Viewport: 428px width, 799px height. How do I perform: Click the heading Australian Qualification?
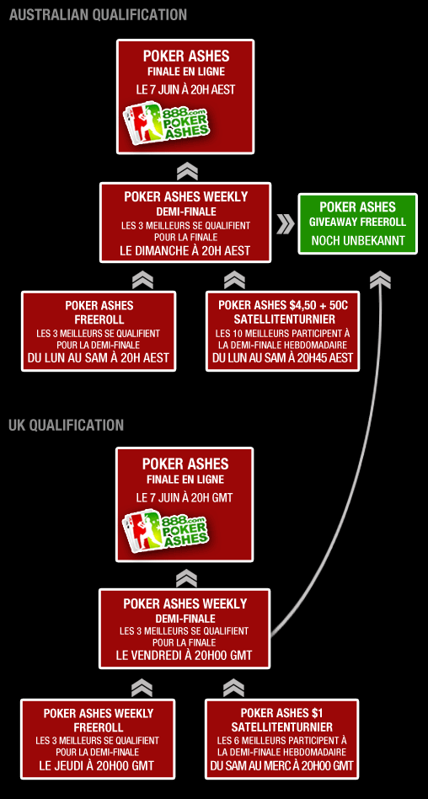coord(98,15)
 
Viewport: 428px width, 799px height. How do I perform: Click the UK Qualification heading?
coord(67,425)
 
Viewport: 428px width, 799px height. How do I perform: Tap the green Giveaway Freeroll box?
coord(357,223)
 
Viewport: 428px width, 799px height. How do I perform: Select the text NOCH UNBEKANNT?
coord(357,240)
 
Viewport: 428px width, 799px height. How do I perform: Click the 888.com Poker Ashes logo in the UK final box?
coord(166,531)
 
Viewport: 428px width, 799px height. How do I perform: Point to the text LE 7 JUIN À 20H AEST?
coord(185,89)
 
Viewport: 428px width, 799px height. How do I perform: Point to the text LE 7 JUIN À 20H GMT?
coord(185,497)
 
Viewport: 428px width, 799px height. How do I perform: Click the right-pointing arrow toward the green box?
coord(286,224)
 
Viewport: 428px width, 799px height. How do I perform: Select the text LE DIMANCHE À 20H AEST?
coord(185,250)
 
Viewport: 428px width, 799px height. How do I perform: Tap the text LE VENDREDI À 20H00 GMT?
coord(184,656)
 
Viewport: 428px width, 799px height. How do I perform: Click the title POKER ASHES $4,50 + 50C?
coord(283,305)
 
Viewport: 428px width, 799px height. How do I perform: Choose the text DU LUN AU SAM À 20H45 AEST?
coord(283,358)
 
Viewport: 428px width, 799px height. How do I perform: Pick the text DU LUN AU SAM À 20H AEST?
coord(99,358)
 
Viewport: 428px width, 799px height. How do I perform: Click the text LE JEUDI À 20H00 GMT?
coord(97,765)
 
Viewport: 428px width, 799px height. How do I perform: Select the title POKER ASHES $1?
coord(281,713)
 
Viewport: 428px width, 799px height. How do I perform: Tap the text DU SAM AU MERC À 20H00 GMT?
coord(281,765)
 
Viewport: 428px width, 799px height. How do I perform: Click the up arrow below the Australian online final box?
coord(187,171)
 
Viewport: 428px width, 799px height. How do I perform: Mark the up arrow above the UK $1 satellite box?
coord(233,688)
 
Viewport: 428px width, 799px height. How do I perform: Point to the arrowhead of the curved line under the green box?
coord(381,280)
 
